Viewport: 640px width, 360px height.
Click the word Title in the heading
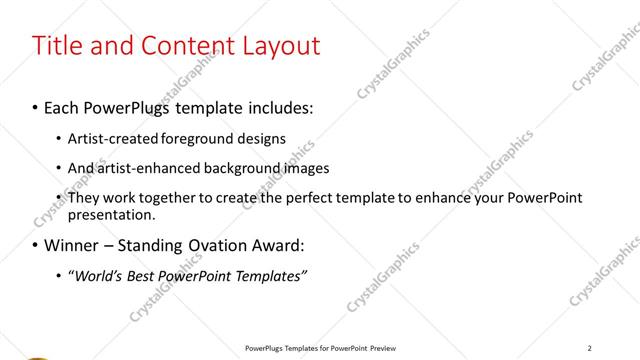pyautogui.click(x=58, y=46)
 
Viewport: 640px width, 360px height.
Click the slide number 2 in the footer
pyautogui.click(x=590, y=348)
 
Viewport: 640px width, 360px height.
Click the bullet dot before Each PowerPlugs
pyautogui.click(x=36, y=105)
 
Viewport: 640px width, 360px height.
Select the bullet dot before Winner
pyautogui.click(x=36, y=245)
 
